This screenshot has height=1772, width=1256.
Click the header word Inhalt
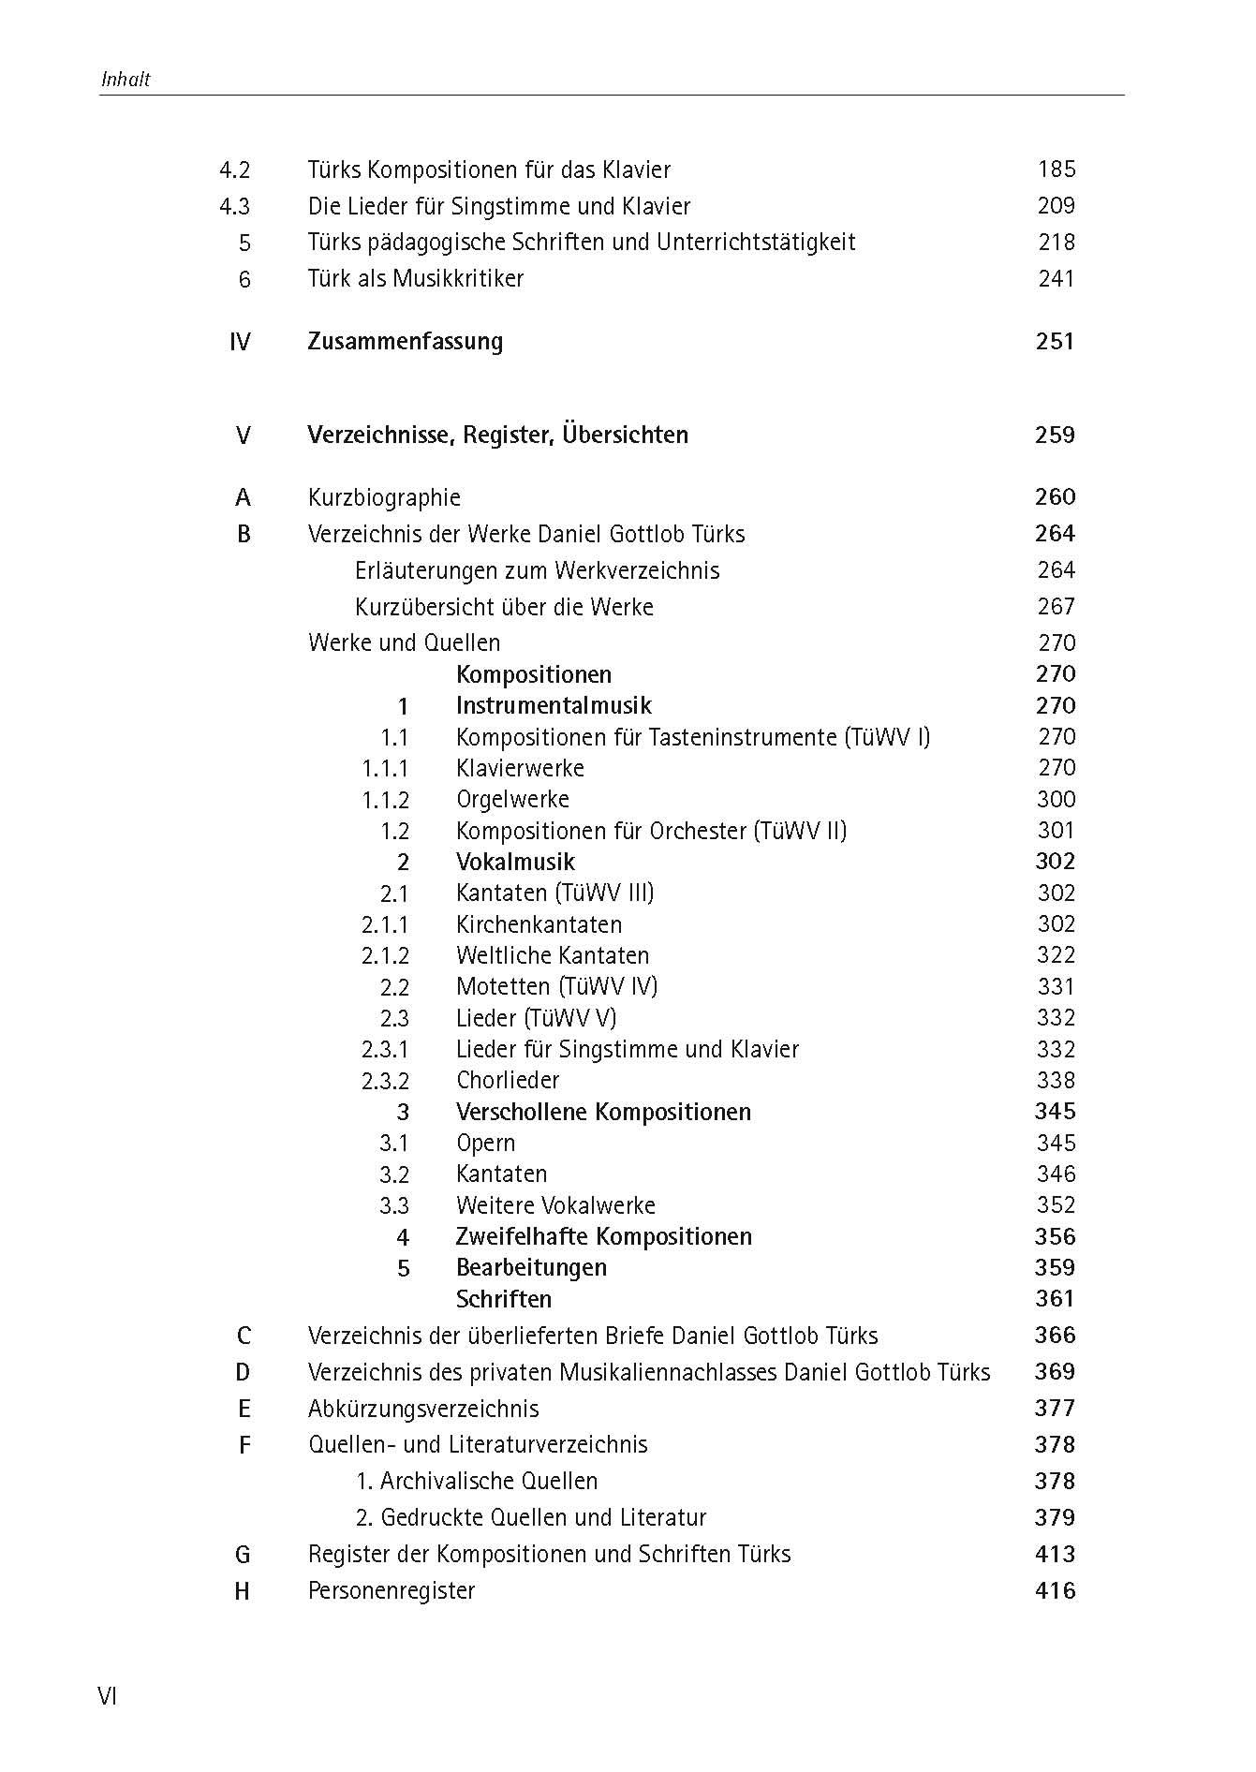pos(126,80)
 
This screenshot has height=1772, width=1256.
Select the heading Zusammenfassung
pos(405,341)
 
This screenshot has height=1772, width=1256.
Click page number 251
pos(1056,341)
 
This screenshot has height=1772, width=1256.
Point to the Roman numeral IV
pos(240,342)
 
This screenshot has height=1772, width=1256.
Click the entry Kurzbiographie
pos(384,497)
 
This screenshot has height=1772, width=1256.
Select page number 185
pos(1057,170)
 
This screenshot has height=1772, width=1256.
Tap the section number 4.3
pos(234,206)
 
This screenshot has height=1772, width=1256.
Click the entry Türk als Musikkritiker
pos(416,278)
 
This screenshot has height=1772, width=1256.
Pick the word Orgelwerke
pos(512,799)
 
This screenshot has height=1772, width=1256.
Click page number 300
pos(1057,799)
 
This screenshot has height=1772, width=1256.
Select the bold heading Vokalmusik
pos(515,862)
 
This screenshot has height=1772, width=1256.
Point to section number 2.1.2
pos(386,955)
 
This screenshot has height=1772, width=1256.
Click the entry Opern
pos(485,1143)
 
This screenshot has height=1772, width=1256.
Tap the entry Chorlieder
pos(508,1080)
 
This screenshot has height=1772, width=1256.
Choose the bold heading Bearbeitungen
pos(531,1267)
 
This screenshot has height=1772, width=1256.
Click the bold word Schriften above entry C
pos(504,1299)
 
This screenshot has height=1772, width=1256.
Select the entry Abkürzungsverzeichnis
pos(423,1409)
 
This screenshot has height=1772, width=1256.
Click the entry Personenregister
pos(392,1590)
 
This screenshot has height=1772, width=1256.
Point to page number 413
pos(1056,1554)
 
